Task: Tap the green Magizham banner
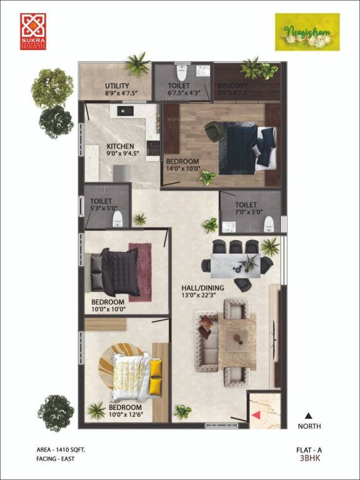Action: click(x=307, y=31)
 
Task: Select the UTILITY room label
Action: click(x=117, y=86)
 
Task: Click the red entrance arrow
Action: click(x=255, y=415)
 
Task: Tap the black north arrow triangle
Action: click(x=308, y=414)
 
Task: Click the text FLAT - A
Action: click(x=309, y=449)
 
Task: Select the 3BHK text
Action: click(x=309, y=458)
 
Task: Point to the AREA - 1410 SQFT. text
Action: click(x=61, y=449)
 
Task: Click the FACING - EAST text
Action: click(x=56, y=458)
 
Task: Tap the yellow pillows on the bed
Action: click(x=156, y=375)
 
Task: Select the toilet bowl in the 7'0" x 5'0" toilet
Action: click(x=269, y=223)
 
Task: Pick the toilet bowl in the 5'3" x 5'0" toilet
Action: click(x=116, y=220)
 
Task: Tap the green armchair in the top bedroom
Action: click(x=214, y=131)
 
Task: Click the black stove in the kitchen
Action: click(x=152, y=148)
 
